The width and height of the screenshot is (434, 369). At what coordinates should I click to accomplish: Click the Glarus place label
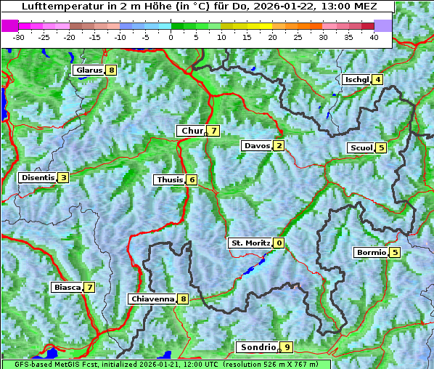(x=88, y=70)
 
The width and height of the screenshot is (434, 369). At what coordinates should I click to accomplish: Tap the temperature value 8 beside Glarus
(x=110, y=70)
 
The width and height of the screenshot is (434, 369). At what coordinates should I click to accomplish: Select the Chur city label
(x=192, y=131)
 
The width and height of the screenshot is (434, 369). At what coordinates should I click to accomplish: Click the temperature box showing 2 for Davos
(x=279, y=146)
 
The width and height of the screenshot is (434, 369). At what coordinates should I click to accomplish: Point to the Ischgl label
(x=356, y=79)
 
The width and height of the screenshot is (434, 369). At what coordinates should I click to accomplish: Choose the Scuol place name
(x=361, y=148)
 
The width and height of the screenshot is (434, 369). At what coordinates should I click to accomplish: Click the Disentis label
(x=38, y=177)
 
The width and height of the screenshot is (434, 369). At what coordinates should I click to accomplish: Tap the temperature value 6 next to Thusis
(x=192, y=179)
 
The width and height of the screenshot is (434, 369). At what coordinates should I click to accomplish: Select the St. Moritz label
(x=250, y=243)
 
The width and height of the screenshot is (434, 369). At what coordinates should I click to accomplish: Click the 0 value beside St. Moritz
(x=279, y=243)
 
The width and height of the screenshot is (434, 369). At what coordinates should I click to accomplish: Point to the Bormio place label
(x=370, y=253)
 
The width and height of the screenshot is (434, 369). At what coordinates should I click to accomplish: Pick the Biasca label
(x=67, y=287)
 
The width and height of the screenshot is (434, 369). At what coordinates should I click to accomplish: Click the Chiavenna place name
(x=152, y=299)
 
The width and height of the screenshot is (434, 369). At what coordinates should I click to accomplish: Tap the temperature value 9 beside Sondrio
(x=287, y=347)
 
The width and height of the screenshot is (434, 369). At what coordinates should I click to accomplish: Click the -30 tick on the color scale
(x=19, y=36)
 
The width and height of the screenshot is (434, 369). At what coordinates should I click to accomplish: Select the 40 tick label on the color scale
(x=374, y=36)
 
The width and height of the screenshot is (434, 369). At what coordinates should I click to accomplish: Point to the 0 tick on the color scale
(x=171, y=36)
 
